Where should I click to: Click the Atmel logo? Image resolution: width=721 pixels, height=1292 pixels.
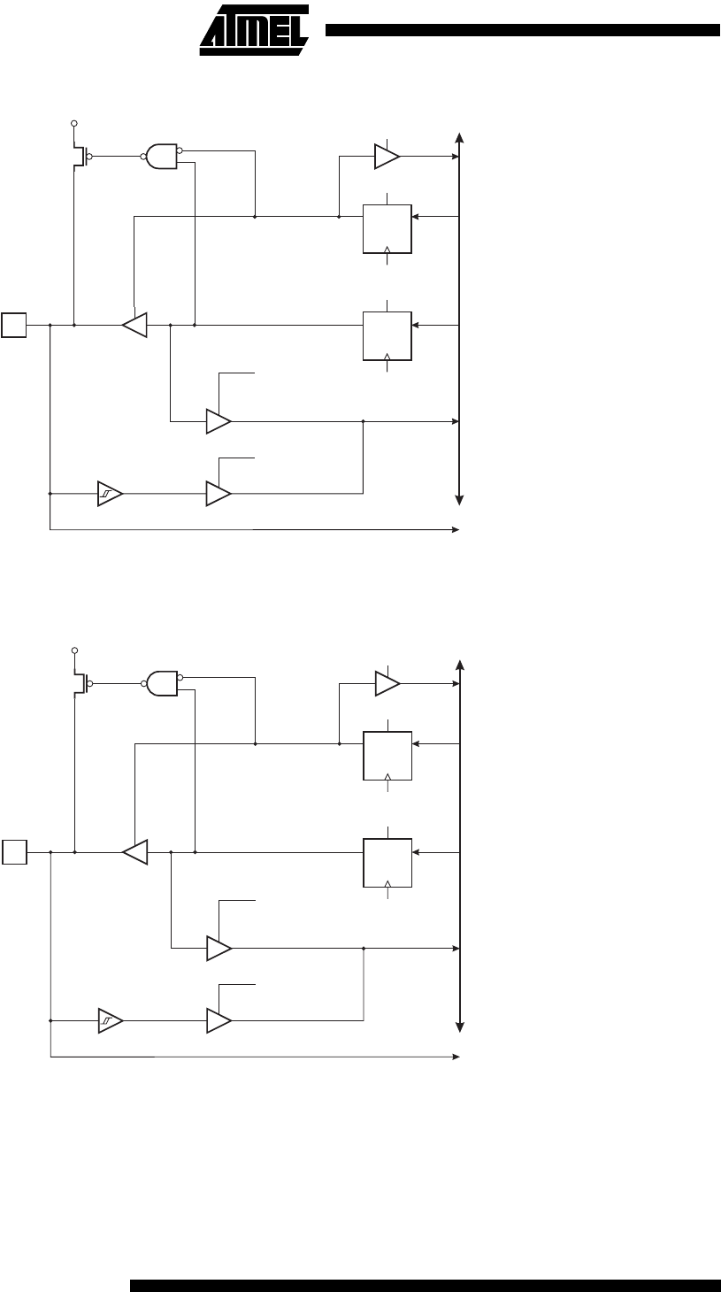[254, 30]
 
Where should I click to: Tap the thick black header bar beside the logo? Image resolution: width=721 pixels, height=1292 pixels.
[523, 30]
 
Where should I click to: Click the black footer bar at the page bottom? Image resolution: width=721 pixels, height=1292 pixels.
[426, 1286]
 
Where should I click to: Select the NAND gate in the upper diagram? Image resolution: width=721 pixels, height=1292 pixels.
[162, 157]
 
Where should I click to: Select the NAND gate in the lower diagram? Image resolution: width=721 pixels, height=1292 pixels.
[162, 683]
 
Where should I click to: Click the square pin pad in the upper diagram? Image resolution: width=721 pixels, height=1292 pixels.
[14, 325]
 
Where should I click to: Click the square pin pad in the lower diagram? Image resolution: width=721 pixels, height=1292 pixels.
[14, 852]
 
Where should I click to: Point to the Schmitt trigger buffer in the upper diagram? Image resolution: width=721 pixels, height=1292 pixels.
[110, 494]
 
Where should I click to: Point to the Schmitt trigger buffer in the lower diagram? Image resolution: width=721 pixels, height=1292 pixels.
[111, 1021]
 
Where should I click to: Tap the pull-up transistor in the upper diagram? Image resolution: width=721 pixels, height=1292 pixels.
[80, 157]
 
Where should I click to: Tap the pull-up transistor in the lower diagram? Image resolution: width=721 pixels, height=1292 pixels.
[81, 683]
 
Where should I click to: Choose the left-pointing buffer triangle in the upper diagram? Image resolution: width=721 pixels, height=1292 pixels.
[134, 325]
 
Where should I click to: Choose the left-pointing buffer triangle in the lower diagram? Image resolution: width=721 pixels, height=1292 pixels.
[135, 852]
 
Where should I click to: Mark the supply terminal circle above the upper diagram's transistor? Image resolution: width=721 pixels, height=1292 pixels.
[73, 123]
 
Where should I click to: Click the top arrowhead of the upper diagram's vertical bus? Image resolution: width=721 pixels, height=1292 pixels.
[459, 137]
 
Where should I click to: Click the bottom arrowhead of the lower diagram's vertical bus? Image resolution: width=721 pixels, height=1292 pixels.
[460, 1027]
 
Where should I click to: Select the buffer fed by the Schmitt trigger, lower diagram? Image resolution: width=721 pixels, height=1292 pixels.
[219, 1021]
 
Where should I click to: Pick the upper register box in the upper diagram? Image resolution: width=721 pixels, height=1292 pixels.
[387, 229]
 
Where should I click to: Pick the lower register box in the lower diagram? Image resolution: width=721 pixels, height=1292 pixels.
[387, 863]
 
